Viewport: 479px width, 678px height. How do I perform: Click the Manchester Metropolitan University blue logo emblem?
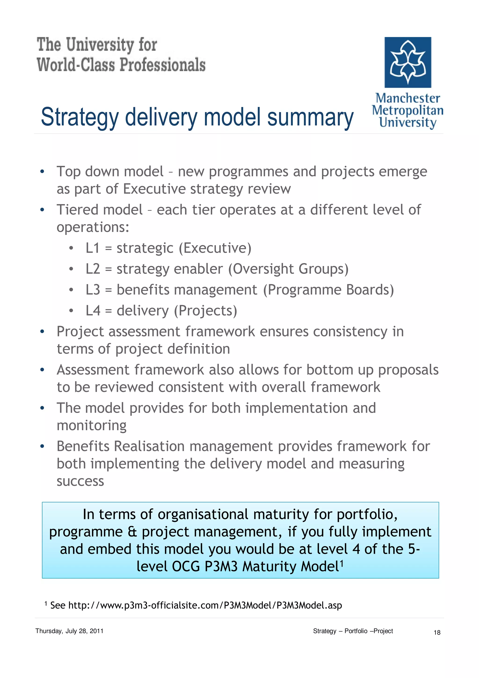[x=408, y=62]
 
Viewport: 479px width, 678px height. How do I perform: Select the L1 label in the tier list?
[x=92, y=248]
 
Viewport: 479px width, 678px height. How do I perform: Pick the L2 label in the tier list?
[x=93, y=269]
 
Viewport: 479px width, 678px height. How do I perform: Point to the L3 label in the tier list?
[x=93, y=290]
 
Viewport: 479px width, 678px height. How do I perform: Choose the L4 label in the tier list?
[x=93, y=311]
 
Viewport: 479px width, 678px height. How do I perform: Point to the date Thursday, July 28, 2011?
[x=69, y=631]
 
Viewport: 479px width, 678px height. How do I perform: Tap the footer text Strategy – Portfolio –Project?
[x=353, y=631]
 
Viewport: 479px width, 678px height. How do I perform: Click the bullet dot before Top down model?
[x=42, y=171]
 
